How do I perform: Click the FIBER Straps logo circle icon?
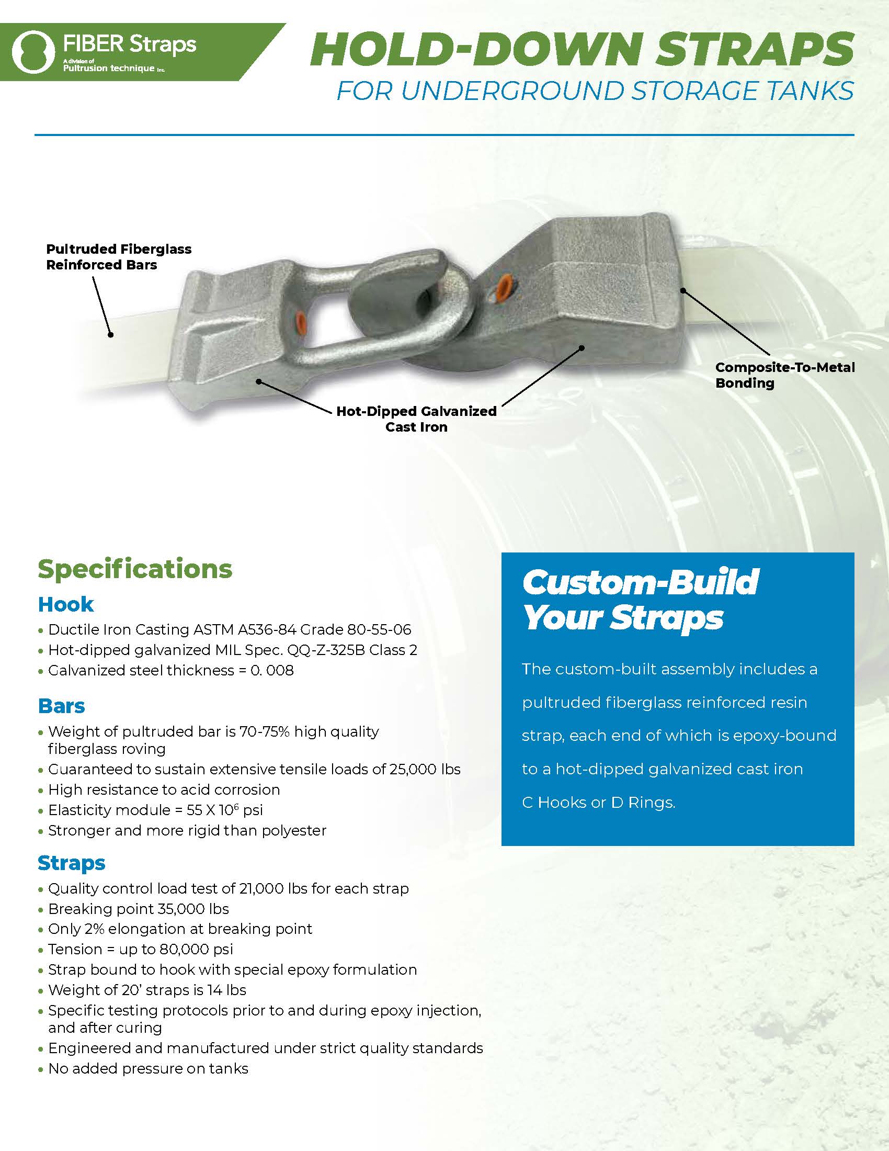pyautogui.click(x=33, y=52)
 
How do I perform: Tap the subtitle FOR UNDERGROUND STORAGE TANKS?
pyautogui.click(x=595, y=91)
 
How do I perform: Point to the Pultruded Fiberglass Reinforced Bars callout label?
pyautogui.click(x=119, y=257)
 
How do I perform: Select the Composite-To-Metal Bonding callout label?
pyautogui.click(x=784, y=375)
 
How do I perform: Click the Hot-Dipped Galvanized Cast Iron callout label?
pyautogui.click(x=416, y=419)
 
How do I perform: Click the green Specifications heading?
pyautogui.click(x=135, y=569)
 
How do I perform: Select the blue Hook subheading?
pyautogui.click(x=66, y=604)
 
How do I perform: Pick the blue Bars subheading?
pyautogui.click(x=61, y=706)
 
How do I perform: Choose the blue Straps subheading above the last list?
pyautogui.click(x=72, y=863)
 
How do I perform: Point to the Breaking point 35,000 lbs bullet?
pyautogui.click(x=139, y=909)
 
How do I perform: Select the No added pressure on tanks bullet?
pyautogui.click(x=148, y=1068)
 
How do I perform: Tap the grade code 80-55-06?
pyautogui.click(x=379, y=629)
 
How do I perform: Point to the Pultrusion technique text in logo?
pyautogui.click(x=108, y=69)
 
